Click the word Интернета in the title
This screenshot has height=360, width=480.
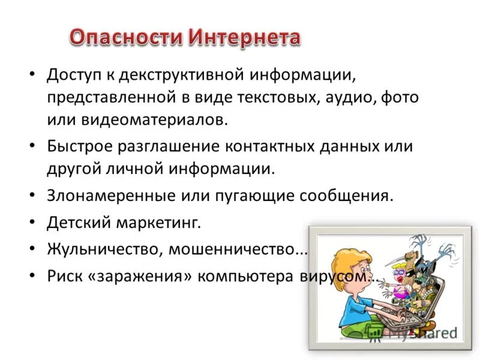(x=244, y=38)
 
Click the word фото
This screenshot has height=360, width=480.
(x=398, y=97)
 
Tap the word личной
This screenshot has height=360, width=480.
(x=132, y=167)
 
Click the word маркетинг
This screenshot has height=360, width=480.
(x=160, y=223)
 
